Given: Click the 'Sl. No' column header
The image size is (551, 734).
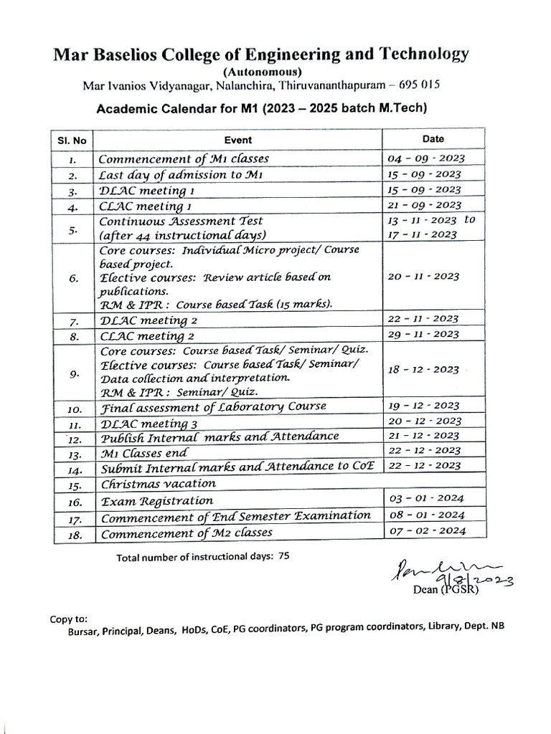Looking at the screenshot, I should click(72, 140).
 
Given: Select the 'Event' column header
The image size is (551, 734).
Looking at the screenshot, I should click(238, 140).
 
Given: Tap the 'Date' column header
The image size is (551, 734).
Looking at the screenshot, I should click(433, 139).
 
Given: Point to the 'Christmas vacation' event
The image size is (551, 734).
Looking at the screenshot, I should click(158, 484).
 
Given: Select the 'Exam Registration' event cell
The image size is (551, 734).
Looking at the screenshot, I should click(156, 500).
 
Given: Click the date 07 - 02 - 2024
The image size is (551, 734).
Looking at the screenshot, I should click(426, 531).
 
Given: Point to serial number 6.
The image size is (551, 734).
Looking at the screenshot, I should click(74, 279).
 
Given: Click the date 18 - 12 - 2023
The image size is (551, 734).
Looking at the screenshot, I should click(423, 369).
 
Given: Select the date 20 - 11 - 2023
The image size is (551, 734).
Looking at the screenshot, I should click(423, 276).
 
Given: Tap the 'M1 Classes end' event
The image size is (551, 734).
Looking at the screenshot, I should click(143, 453).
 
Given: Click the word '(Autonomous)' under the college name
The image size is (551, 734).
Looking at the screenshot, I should click(263, 72).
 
